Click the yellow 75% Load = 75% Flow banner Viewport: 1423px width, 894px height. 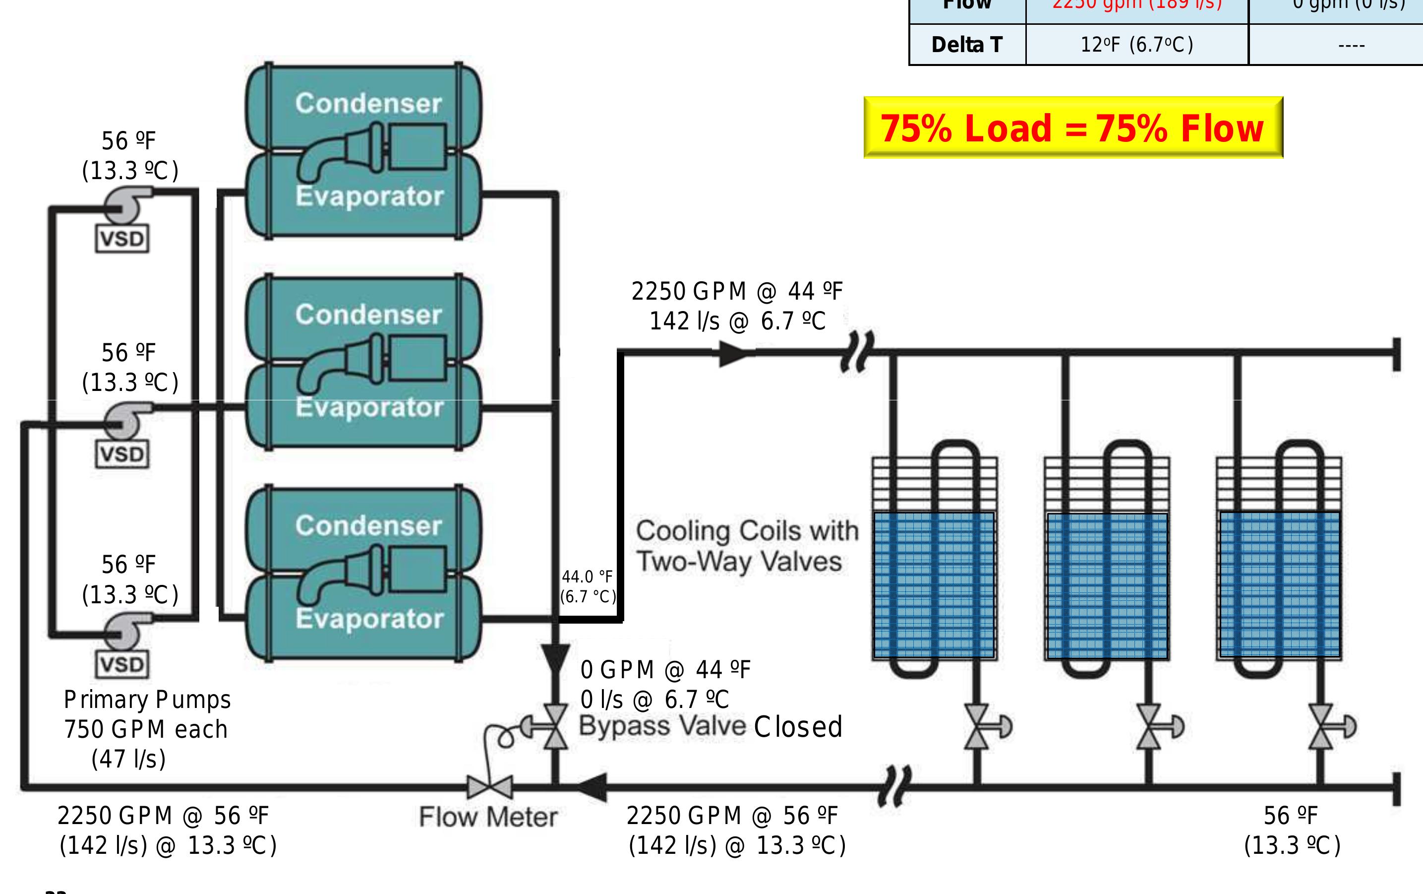coord(1072,128)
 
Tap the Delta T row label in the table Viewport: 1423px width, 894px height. coord(967,44)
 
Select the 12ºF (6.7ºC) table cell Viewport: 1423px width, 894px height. coord(1136,44)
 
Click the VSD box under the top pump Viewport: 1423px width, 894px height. coord(122,239)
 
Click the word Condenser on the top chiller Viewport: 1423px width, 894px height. coord(368,104)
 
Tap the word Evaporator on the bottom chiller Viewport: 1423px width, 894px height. coord(369,619)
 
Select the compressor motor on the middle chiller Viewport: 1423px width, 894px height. coord(416,357)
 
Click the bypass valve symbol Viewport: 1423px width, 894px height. coord(554,727)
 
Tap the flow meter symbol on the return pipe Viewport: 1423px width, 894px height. coord(489,787)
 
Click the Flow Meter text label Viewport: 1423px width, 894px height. coord(488,817)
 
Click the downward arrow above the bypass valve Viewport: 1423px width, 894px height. coord(555,658)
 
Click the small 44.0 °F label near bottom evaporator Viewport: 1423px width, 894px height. coord(588,576)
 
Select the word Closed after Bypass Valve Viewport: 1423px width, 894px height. coord(798,727)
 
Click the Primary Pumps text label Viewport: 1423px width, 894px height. coord(147,700)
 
